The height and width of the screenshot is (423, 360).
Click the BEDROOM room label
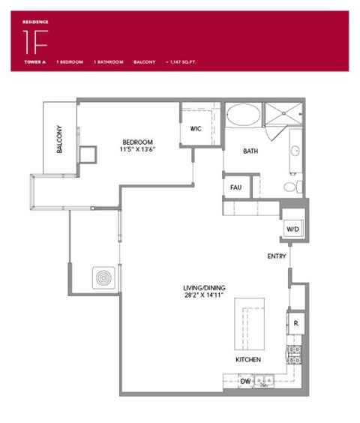pyautogui.click(x=139, y=142)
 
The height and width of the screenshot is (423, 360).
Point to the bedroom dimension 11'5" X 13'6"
pyautogui.click(x=139, y=149)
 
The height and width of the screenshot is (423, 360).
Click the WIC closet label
pyautogui.click(x=196, y=128)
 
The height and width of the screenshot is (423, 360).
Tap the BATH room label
pyautogui.click(x=250, y=151)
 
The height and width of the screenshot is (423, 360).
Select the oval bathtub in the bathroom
pyautogui.click(x=244, y=116)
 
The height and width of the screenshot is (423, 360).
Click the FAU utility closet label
pyautogui.click(x=235, y=187)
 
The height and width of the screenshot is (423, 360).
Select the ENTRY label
pyautogui.click(x=277, y=256)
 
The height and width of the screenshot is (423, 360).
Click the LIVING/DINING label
pyautogui.click(x=204, y=288)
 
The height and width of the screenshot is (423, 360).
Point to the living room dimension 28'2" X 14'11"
pyautogui.click(x=204, y=296)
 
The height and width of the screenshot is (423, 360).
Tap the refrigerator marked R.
pyautogui.click(x=295, y=323)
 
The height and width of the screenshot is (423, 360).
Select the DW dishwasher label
pyautogui.click(x=245, y=382)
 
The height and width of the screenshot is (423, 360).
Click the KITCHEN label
pyautogui.click(x=248, y=360)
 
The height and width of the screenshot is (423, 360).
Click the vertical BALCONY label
pyautogui.click(x=59, y=139)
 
